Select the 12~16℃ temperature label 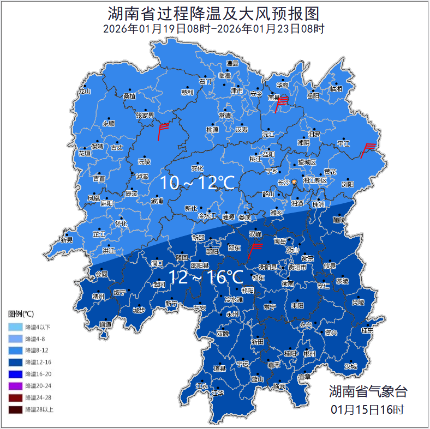coord(206,277)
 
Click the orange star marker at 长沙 coord(295,182)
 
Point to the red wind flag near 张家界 coord(162,130)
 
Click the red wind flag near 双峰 coord(254,250)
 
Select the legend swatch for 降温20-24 coord(15,386)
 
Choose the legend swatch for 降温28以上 coord(15,409)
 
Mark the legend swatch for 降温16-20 coord(15,374)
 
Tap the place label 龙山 coord(84,92)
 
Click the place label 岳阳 coord(313,96)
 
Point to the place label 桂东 coord(367,330)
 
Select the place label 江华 coord(218,392)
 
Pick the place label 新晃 coord(67,240)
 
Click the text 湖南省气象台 coord(368,391)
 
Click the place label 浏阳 coord(348,184)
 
